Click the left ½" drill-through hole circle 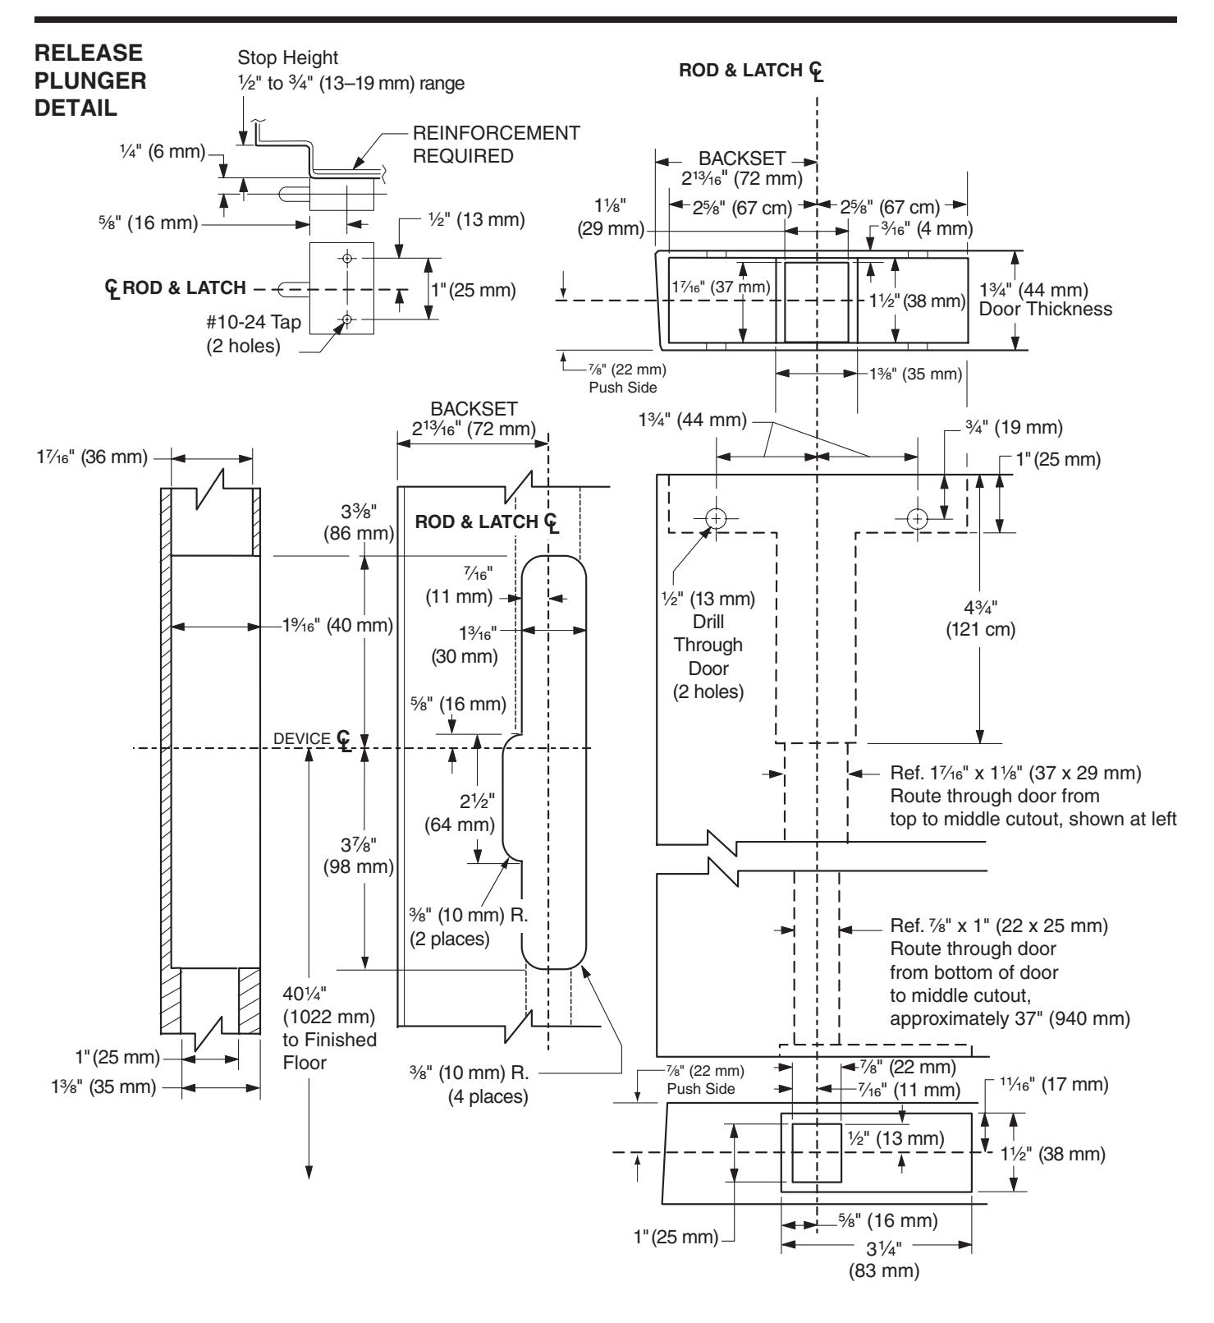point(717,518)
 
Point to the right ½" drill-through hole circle point(918,518)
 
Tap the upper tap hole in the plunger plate point(347,258)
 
